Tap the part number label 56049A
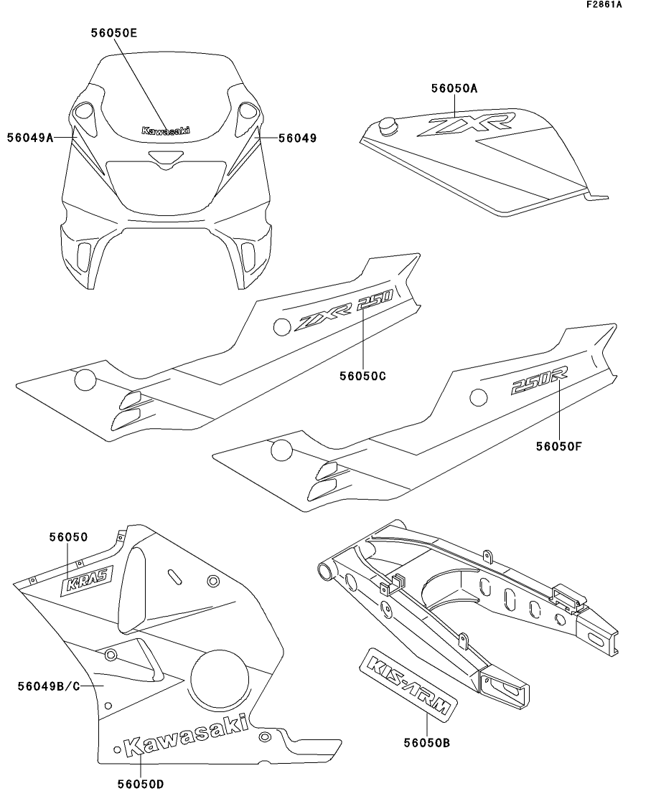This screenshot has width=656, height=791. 31,138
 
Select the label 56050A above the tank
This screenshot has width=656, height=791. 454,89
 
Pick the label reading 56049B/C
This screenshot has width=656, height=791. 47,686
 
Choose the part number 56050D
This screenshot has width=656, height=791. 141,783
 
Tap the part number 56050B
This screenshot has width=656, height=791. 426,743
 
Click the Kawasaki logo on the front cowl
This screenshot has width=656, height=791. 166,131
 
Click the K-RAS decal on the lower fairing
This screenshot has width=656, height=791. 85,584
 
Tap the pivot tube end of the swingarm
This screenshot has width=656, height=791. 326,572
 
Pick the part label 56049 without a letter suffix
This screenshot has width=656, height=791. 296,138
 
